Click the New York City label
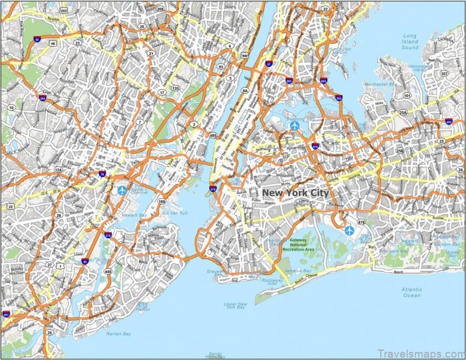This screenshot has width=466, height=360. coord(295,193)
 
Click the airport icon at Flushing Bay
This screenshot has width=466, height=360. coord(294,125)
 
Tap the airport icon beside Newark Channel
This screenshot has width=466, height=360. coord(122,190)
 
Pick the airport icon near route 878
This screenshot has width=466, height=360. coord(349,230)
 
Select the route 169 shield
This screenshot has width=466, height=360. coord(161,202)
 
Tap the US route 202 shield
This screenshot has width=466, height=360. coord(63,10)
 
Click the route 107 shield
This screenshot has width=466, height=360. coord(444,73)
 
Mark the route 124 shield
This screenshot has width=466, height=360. coord(58,170)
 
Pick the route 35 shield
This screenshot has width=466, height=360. coord(50,333)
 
